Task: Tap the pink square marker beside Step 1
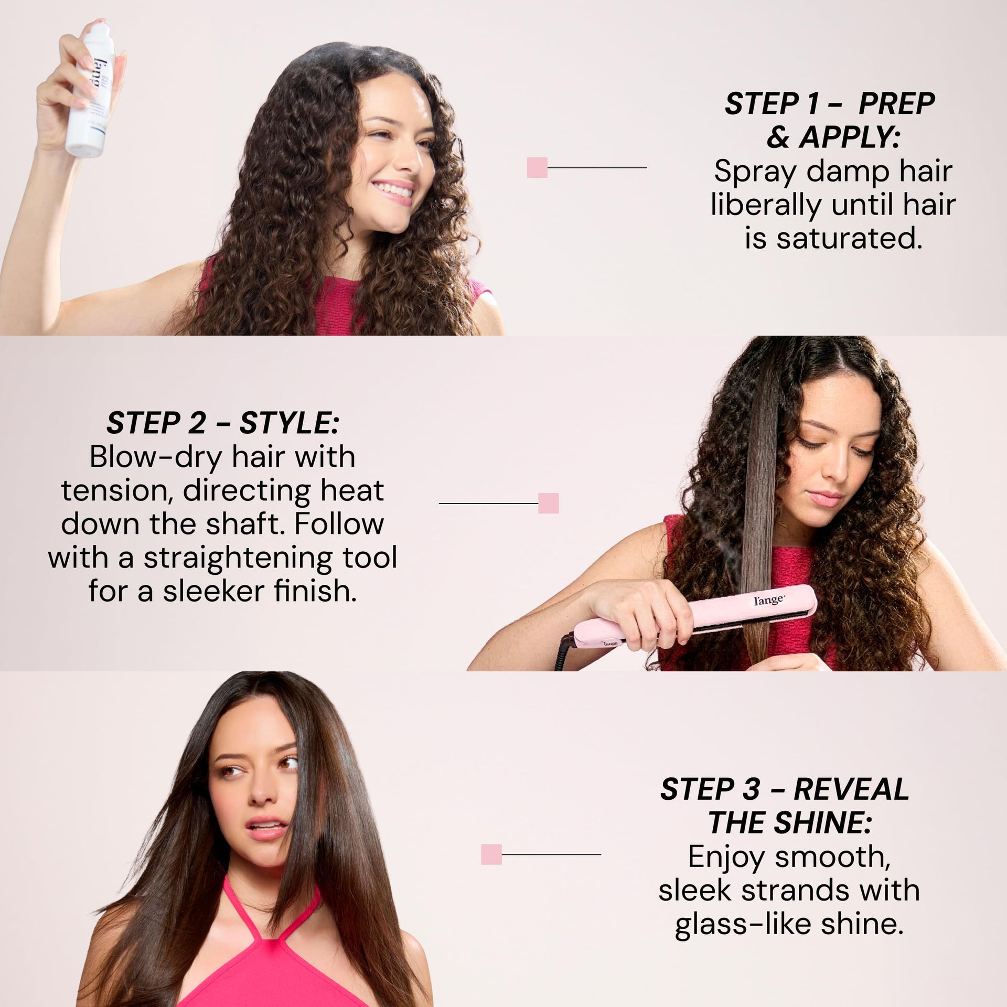(x=537, y=167)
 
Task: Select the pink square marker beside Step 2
(x=549, y=503)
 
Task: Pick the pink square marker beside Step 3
(x=491, y=854)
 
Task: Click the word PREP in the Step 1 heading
(x=896, y=104)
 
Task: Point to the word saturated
(x=848, y=239)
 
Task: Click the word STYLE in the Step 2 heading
(x=289, y=423)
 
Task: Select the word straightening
(x=238, y=559)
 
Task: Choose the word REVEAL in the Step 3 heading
(x=851, y=804)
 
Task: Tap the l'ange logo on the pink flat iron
(x=769, y=599)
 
